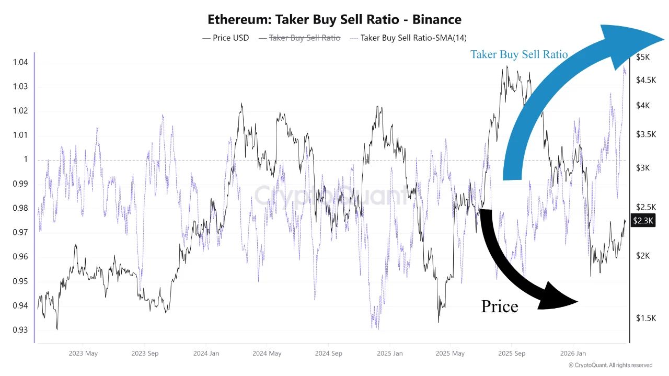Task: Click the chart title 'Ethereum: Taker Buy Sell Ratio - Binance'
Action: pyautogui.click(x=334, y=20)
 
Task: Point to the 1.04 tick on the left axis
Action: pyautogui.click(x=20, y=62)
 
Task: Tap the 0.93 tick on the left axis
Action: pyautogui.click(x=20, y=330)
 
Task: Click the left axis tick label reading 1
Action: pyautogui.click(x=25, y=159)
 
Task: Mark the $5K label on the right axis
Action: pyautogui.click(x=643, y=56)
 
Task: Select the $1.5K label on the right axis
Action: pyautogui.click(x=645, y=317)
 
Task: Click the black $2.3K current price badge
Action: pyautogui.click(x=643, y=221)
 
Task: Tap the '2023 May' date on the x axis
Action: pyautogui.click(x=83, y=354)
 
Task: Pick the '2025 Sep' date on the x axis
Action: pyautogui.click(x=512, y=354)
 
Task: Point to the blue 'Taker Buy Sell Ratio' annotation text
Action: pyautogui.click(x=518, y=54)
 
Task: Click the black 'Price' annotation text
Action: pyautogui.click(x=499, y=306)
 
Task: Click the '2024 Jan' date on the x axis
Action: pyautogui.click(x=206, y=354)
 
